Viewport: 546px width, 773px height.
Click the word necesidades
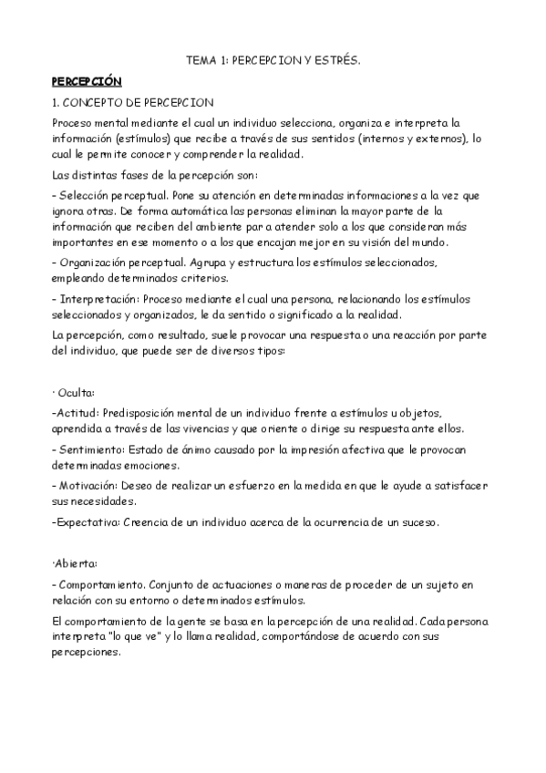[105, 501]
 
